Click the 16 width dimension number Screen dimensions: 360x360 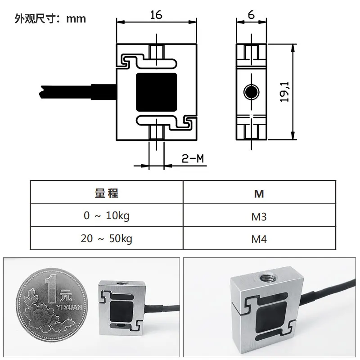[x=156, y=15]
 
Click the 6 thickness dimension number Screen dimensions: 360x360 [x=252, y=15]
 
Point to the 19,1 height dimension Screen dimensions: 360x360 [x=284, y=92]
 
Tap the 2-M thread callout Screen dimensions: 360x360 [x=193, y=158]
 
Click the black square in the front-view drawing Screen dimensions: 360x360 [x=156, y=92]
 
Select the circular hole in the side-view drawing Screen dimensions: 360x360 [x=252, y=92]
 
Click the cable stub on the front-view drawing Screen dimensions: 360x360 [x=78, y=92]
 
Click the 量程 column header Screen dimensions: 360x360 [x=107, y=193]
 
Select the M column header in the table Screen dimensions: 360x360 [x=259, y=194]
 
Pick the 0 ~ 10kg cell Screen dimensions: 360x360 [x=107, y=216]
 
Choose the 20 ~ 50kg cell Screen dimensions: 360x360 [x=107, y=238]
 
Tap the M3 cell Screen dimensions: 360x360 [x=259, y=217]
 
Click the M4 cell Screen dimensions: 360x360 [x=259, y=239]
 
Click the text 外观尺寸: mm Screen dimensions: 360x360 [x=50, y=18]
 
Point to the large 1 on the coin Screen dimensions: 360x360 [x=51, y=289]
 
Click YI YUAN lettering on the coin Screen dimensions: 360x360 [x=69, y=307]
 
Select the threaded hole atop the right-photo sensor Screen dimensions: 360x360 [x=268, y=279]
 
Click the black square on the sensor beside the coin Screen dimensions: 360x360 [x=121, y=311]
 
